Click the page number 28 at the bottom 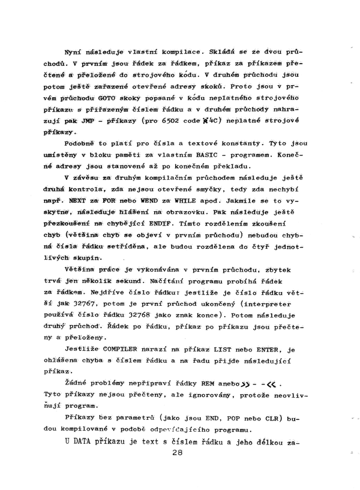pyautogui.click(x=176, y=470)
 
